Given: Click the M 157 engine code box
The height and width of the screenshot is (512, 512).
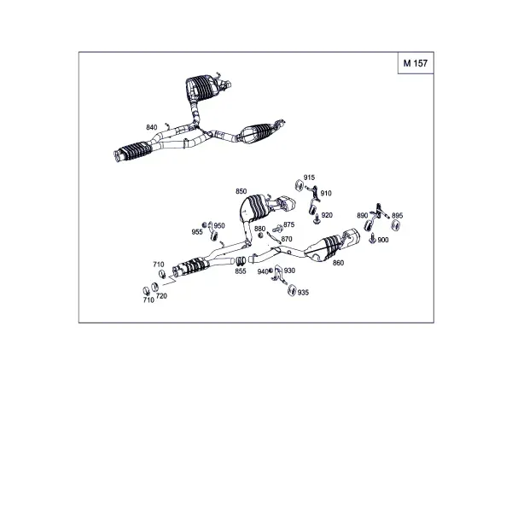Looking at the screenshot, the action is (416, 63).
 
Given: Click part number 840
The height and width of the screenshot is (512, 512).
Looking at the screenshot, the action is (152, 127).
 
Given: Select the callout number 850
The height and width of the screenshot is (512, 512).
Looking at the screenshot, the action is (241, 191).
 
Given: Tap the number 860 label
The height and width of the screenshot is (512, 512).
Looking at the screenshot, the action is (338, 263).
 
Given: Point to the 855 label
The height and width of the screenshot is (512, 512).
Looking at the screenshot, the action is (241, 271).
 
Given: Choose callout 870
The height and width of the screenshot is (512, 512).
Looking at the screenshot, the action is (287, 239).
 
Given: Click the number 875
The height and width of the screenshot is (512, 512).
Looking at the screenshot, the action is (289, 224).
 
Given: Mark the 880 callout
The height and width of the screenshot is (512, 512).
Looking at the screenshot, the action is (260, 229).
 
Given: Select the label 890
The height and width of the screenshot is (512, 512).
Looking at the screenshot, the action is (363, 216).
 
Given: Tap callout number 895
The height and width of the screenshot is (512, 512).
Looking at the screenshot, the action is (398, 216).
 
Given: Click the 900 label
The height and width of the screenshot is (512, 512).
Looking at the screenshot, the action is (383, 240).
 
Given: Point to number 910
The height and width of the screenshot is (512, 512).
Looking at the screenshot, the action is (326, 194).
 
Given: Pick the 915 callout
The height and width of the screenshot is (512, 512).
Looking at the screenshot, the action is (309, 177).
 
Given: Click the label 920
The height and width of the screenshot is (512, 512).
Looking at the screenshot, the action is (327, 215).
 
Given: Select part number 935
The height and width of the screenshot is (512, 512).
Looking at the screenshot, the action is (303, 293).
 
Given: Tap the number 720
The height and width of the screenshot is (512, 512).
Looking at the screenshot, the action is (161, 296).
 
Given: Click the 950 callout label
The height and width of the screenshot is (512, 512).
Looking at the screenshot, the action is (219, 225).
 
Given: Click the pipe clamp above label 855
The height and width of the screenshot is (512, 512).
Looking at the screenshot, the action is (241, 260).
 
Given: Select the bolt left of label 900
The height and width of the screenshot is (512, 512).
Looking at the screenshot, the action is (372, 239).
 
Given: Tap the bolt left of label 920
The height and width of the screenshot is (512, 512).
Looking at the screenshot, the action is (317, 219).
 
